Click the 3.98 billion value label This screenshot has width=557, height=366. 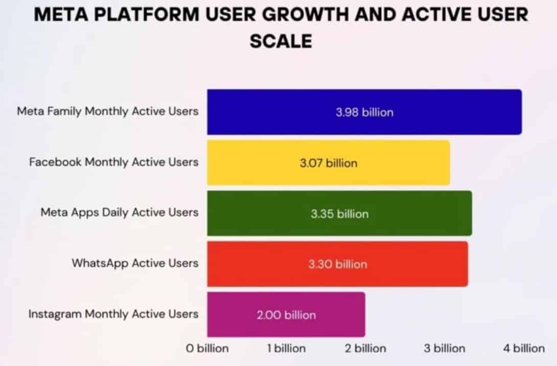(364, 112)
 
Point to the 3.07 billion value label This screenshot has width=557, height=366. (328, 163)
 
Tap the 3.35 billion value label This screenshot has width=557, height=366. (339, 214)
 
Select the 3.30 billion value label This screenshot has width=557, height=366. (337, 264)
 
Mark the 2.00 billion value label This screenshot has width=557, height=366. (286, 315)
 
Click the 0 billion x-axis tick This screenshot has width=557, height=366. (207, 349)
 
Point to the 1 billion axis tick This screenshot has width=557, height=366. (286, 349)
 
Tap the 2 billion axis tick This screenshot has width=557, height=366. (365, 349)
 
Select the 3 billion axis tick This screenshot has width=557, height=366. (445, 349)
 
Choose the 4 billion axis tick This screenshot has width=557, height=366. (524, 349)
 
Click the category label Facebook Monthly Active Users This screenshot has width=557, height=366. (113, 162)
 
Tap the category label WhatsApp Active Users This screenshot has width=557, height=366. (135, 263)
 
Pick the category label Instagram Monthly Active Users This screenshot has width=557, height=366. (113, 314)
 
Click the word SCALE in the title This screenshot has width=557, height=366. (281, 40)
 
